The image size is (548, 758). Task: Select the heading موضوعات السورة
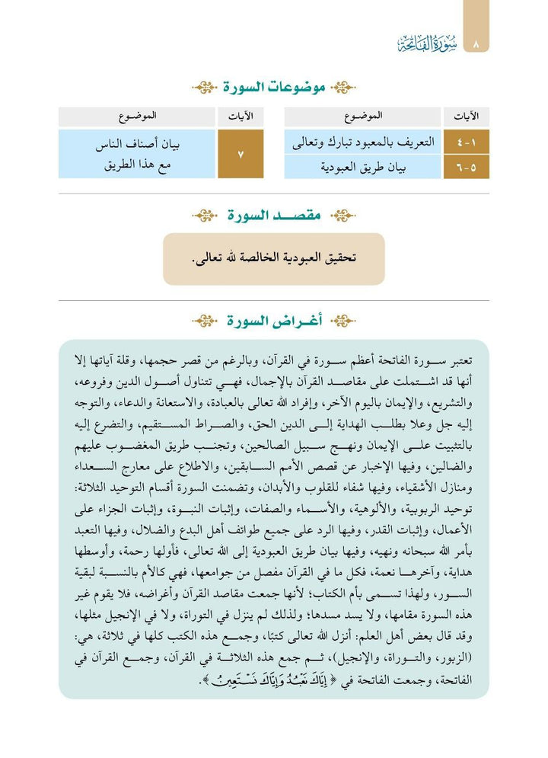coord(275,88)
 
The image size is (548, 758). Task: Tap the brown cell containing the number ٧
coord(241,155)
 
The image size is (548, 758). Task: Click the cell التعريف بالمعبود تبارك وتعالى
coord(362,142)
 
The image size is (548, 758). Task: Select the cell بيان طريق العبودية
coord(362,167)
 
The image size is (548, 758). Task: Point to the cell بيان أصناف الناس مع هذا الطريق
coord(139,155)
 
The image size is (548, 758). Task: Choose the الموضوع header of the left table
coord(139,117)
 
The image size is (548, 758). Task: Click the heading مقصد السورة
coord(275,216)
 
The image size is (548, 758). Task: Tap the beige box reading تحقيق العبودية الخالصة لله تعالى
coord(273,259)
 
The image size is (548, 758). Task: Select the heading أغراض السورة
coord(275,321)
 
